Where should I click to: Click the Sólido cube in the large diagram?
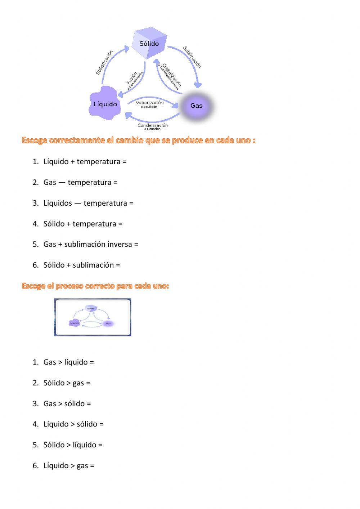(x=149, y=44)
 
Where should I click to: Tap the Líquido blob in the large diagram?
(x=105, y=104)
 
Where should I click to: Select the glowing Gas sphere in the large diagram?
(x=197, y=106)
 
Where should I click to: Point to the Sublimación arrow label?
(x=192, y=57)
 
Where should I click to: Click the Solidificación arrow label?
(x=104, y=62)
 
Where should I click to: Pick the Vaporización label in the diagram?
(x=150, y=103)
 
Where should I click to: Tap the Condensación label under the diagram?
(x=153, y=125)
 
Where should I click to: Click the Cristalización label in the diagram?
(x=172, y=75)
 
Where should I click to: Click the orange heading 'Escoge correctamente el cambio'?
(x=139, y=140)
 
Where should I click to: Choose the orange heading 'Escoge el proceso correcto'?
(x=95, y=286)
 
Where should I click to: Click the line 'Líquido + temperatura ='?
(x=85, y=162)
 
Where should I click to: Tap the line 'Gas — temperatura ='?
(x=80, y=182)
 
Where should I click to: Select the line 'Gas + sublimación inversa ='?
(x=91, y=244)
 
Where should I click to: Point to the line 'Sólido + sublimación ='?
(x=82, y=265)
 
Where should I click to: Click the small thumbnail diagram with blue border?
(x=93, y=317)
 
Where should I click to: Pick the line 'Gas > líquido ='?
(x=68, y=362)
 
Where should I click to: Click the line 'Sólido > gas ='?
(x=67, y=383)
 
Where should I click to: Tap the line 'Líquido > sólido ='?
(x=73, y=424)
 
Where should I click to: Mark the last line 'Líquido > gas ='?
(x=69, y=466)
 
